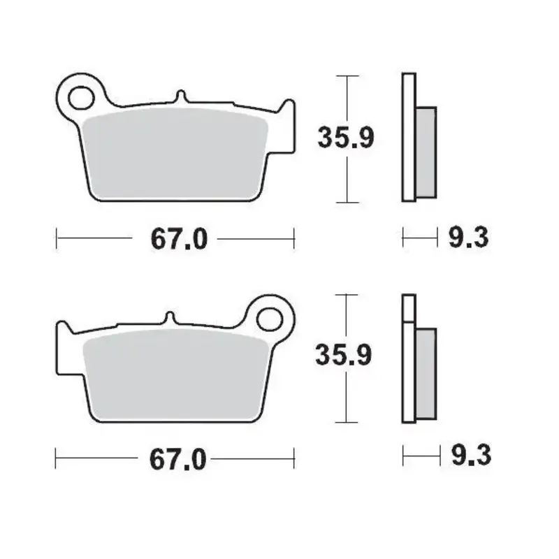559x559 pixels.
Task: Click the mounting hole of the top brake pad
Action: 82,97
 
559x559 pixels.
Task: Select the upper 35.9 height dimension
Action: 347,138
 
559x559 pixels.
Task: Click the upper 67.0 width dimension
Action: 178,239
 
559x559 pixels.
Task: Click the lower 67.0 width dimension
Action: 178,459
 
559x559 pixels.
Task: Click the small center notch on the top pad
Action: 181,96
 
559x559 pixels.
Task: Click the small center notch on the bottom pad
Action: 168,317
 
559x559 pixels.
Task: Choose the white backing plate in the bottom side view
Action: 409,359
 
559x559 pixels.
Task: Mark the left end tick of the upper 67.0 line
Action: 56,238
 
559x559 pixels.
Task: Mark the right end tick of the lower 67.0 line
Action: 294,458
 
